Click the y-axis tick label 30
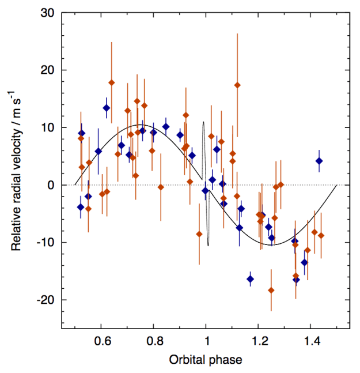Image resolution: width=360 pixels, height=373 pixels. (49, 12)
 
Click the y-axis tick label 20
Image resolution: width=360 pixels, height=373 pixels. (49, 70)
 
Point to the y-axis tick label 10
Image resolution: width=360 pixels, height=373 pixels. (49, 127)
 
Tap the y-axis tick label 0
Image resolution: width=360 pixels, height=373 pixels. (52, 185)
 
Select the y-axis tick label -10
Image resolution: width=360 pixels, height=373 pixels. (47, 242)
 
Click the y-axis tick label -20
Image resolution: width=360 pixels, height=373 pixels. (47, 300)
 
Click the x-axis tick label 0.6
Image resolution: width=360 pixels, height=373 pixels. (101, 341)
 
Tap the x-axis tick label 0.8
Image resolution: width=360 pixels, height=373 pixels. (154, 341)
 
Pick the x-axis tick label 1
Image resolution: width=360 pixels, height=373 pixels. (206, 341)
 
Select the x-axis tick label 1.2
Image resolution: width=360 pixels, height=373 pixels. (259, 341)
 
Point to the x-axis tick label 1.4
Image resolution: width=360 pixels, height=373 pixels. (311, 341)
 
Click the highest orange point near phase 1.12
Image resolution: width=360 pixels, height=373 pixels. (237, 85)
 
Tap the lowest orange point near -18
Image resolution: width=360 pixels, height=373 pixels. (271, 290)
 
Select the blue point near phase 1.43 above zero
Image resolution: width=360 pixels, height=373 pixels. (319, 161)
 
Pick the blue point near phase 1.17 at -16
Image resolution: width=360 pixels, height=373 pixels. (251, 279)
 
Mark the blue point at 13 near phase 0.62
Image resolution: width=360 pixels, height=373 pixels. (107, 108)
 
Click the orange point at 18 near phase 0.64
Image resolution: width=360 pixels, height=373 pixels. (112, 82)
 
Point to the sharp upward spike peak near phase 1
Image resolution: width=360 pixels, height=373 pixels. (203, 122)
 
